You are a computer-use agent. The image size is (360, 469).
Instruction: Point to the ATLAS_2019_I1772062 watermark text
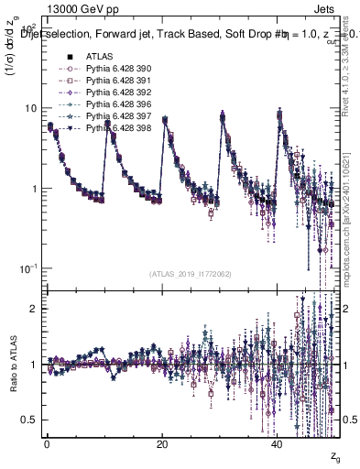[191, 274]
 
